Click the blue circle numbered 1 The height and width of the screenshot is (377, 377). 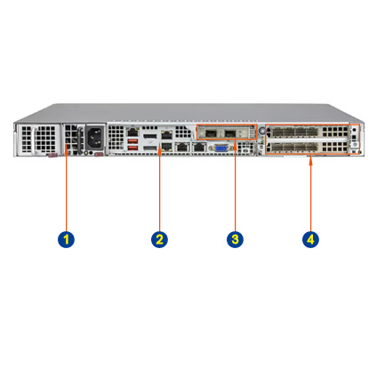tap(66, 239)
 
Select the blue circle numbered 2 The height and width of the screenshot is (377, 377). tap(159, 239)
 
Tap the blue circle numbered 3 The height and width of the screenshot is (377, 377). tap(235, 239)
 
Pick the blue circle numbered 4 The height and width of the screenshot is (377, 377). tap(310, 239)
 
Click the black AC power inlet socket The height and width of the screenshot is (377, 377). tap(95, 138)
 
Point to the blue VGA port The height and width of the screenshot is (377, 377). tap(220, 148)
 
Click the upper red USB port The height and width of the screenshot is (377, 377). tap(132, 140)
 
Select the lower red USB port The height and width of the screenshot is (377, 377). tap(132, 148)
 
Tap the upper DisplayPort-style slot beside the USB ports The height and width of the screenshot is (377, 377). tap(149, 137)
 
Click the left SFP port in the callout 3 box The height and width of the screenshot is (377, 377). tap(211, 133)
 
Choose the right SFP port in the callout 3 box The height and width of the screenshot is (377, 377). tap(230, 133)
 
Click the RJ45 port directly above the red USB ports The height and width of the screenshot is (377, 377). tap(132, 132)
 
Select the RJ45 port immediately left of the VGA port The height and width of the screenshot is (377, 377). tap(199, 147)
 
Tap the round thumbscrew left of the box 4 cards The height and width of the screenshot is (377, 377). tap(261, 131)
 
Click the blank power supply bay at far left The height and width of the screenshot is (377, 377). tap(38, 139)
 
